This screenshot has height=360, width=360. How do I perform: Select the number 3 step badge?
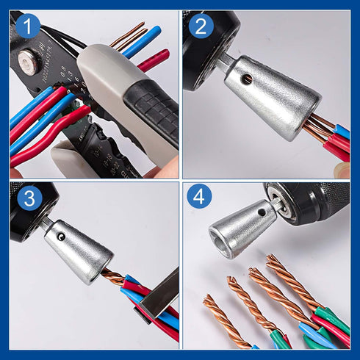point(28,198)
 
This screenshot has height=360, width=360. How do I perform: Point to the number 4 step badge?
point(200,198)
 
